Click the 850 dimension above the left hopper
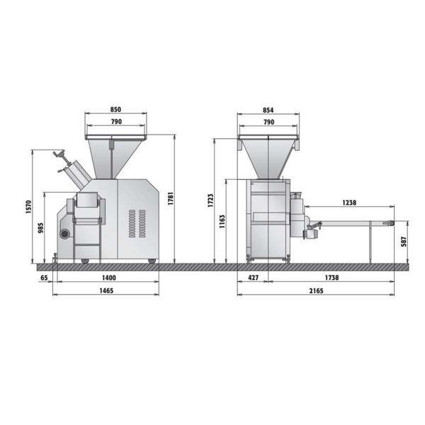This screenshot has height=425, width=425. click(115, 110)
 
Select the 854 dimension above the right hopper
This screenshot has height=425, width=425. click(268, 110)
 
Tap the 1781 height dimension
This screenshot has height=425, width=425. click(171, 198)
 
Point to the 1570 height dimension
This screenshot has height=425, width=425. click(29, 207)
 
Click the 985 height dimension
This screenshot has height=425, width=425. click(40, 228)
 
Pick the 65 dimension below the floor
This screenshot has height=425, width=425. click(44, 278)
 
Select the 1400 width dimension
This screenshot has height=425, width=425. click(109, 278)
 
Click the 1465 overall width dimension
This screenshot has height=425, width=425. click(106, 291)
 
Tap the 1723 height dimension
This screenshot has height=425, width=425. click(210, 200)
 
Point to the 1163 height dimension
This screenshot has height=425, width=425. click(222, 222)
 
